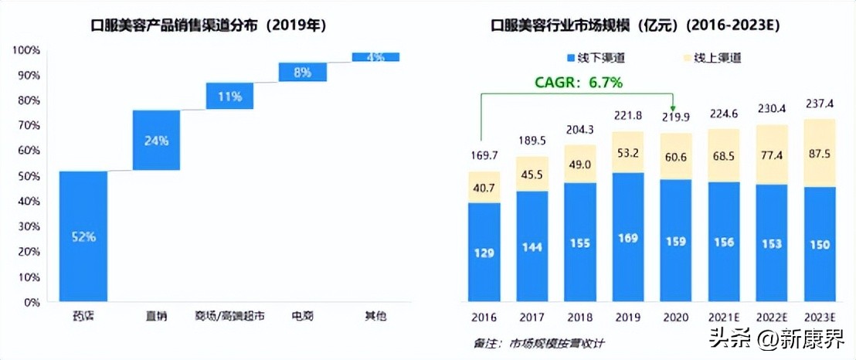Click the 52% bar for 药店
pyautogui.click(x=83, y=236)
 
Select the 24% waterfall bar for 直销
pyautogui.click(x=156, y=140)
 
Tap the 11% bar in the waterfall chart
pyautogui.click(x=229, y=97)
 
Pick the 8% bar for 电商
pyautogui.click(x=302, y=72)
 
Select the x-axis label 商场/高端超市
pyautogui.click(x=229, y=316)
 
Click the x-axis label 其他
pyautogui.click(x=375, y=316)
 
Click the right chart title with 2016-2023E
pyautogui.click(x=636, y=25)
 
